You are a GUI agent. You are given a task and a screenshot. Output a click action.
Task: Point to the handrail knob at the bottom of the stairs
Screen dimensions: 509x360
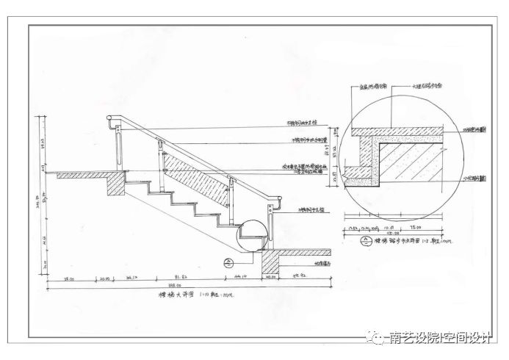[x=279, y=200]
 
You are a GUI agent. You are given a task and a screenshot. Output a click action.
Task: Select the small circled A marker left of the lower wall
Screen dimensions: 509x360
[x=228, y=262]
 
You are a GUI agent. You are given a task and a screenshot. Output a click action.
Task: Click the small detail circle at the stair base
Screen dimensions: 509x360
[x=253, y=233]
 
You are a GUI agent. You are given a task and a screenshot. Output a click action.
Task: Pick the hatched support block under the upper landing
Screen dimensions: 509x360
[x=115, y=184]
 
